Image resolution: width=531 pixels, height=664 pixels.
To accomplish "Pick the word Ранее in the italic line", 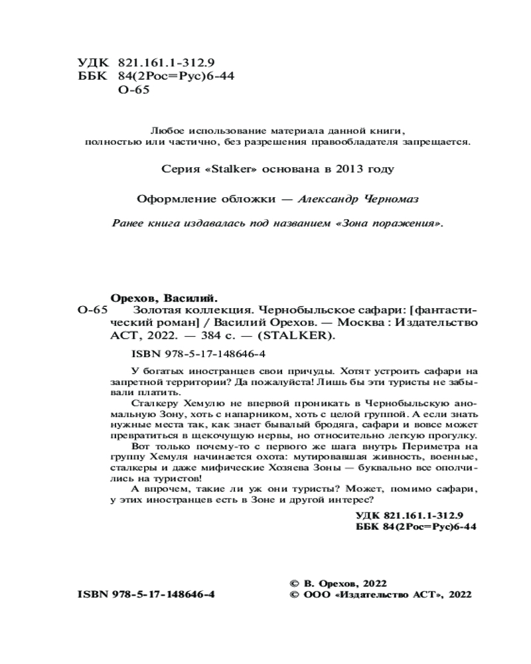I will (x=131, y=224).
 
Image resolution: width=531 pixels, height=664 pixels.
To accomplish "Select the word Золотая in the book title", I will (x=157, y=310).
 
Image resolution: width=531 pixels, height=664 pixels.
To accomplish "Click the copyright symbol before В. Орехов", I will (x=295, y=582).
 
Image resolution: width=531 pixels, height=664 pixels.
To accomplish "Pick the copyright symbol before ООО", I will (x=295, y=595).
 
